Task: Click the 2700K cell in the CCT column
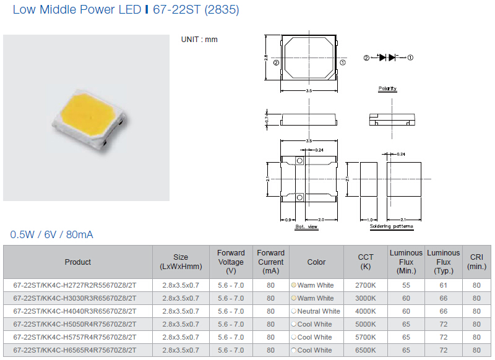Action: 365,285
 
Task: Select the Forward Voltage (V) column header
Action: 231,262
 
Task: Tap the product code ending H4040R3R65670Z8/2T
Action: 75,311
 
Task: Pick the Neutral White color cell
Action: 316,311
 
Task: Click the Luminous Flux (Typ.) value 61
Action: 443,285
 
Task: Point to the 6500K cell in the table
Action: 365,350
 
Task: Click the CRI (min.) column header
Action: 476,262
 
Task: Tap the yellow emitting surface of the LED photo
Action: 89,114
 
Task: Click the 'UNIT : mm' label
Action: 199,40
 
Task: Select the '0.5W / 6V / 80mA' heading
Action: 51,234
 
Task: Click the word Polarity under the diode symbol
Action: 387,88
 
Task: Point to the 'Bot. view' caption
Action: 306,226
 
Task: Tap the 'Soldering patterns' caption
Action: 392,226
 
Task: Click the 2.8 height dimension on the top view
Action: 266,58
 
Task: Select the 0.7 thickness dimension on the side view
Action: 267,120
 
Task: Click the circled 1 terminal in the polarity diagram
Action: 410,58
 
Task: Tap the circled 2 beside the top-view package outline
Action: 276,63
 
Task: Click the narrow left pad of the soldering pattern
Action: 369,179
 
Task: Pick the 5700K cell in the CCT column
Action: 365,337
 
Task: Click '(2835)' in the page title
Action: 222,9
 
